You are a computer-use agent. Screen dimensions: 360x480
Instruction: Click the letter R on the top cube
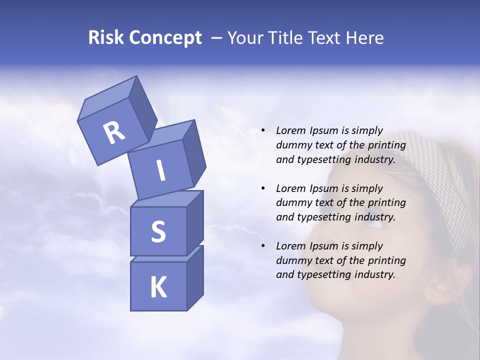(x=114, y=133)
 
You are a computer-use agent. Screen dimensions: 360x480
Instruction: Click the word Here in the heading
(x=365, y=38)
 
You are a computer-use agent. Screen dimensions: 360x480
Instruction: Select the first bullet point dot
(x=263, y=131)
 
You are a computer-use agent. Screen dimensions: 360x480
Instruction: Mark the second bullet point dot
(x=263, y=189)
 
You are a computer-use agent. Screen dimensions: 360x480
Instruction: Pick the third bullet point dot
(x=263, y=246)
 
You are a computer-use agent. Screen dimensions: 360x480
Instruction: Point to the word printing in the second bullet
(x=387, y=203)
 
